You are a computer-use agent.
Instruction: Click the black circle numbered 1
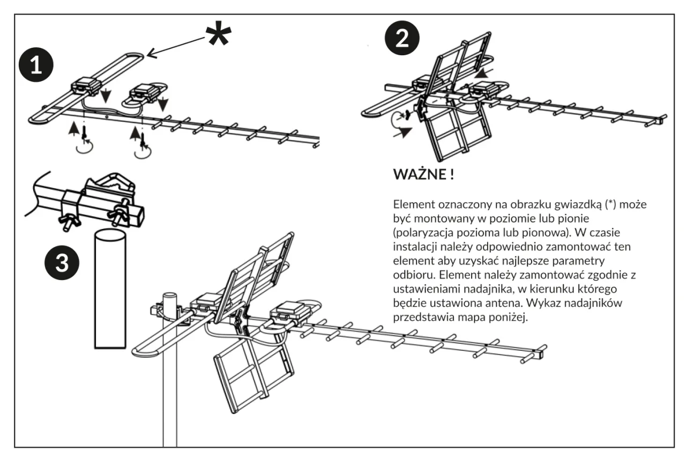point(36,65)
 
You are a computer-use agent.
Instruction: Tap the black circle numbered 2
point(402,38)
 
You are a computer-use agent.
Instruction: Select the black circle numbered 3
point(62,262)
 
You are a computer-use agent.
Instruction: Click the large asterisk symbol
point(218,33)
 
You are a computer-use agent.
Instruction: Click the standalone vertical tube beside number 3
point(110,289)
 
